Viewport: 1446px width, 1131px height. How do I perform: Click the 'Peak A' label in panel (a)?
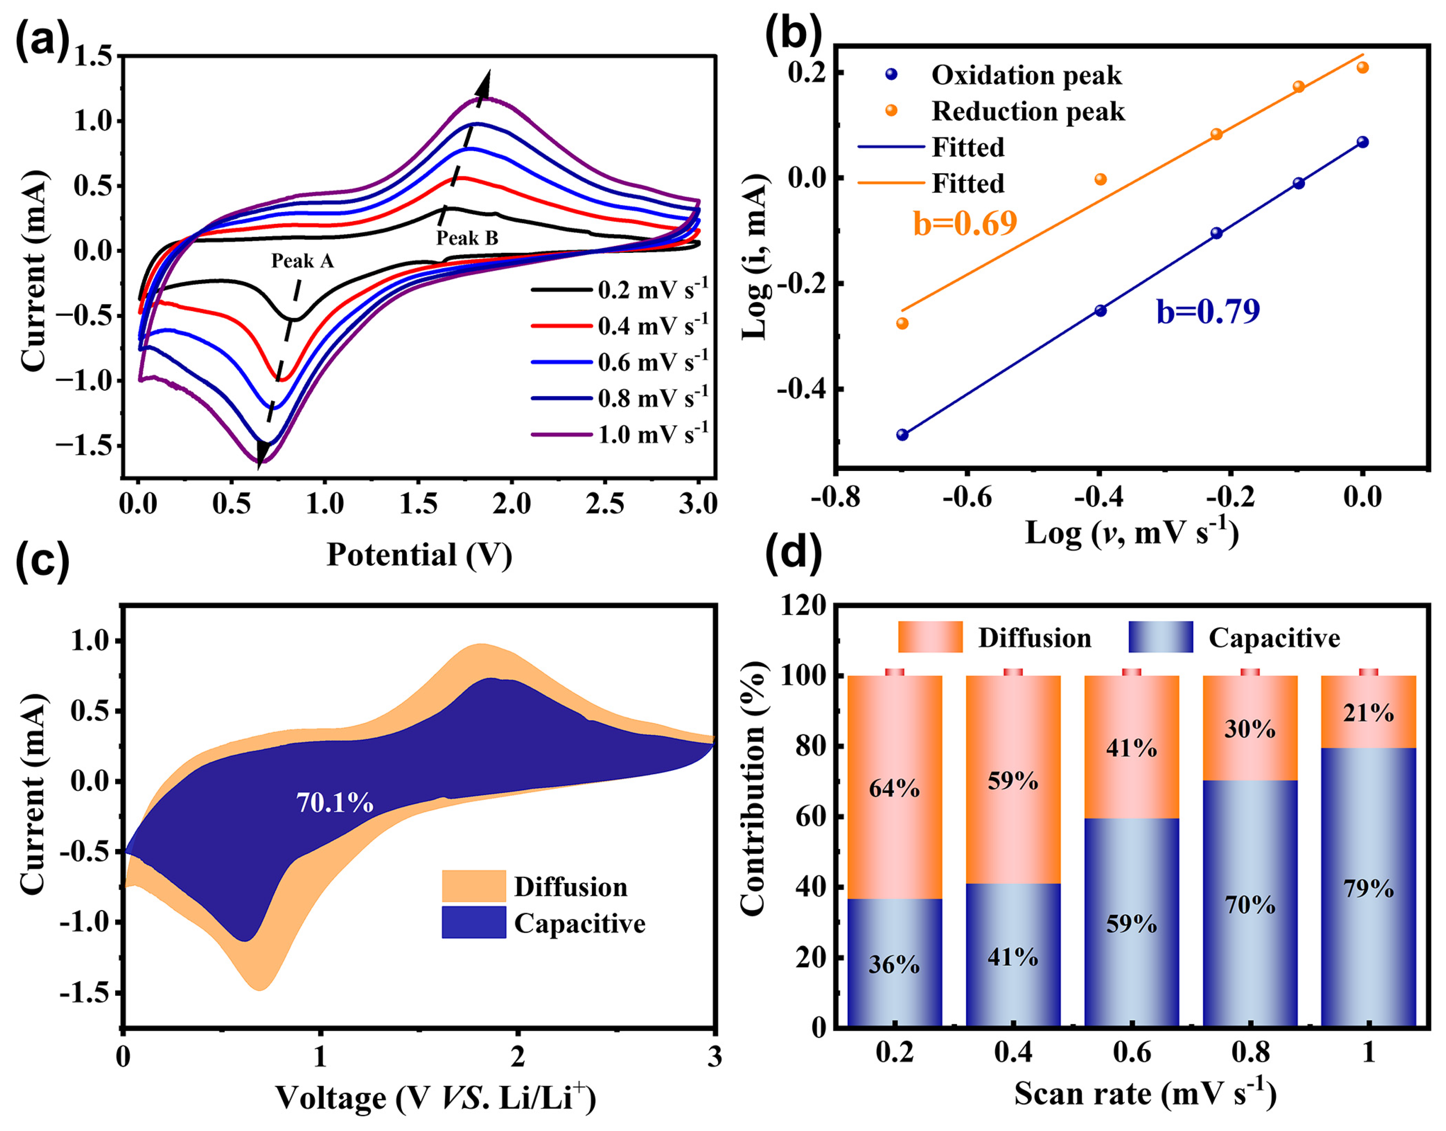[302, 261]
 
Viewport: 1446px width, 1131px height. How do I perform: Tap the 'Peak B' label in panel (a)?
[467, 238]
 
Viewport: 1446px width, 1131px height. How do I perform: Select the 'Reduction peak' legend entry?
[1027, 111]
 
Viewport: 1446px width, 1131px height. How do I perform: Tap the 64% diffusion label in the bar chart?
[894, 788]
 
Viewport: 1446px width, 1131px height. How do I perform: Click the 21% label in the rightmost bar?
[1368, 713]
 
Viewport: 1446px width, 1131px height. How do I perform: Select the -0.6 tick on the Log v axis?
[967, 497]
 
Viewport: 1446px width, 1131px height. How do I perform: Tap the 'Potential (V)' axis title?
[419, 555]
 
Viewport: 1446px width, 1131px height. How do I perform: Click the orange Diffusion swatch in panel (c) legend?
[474, 886]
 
